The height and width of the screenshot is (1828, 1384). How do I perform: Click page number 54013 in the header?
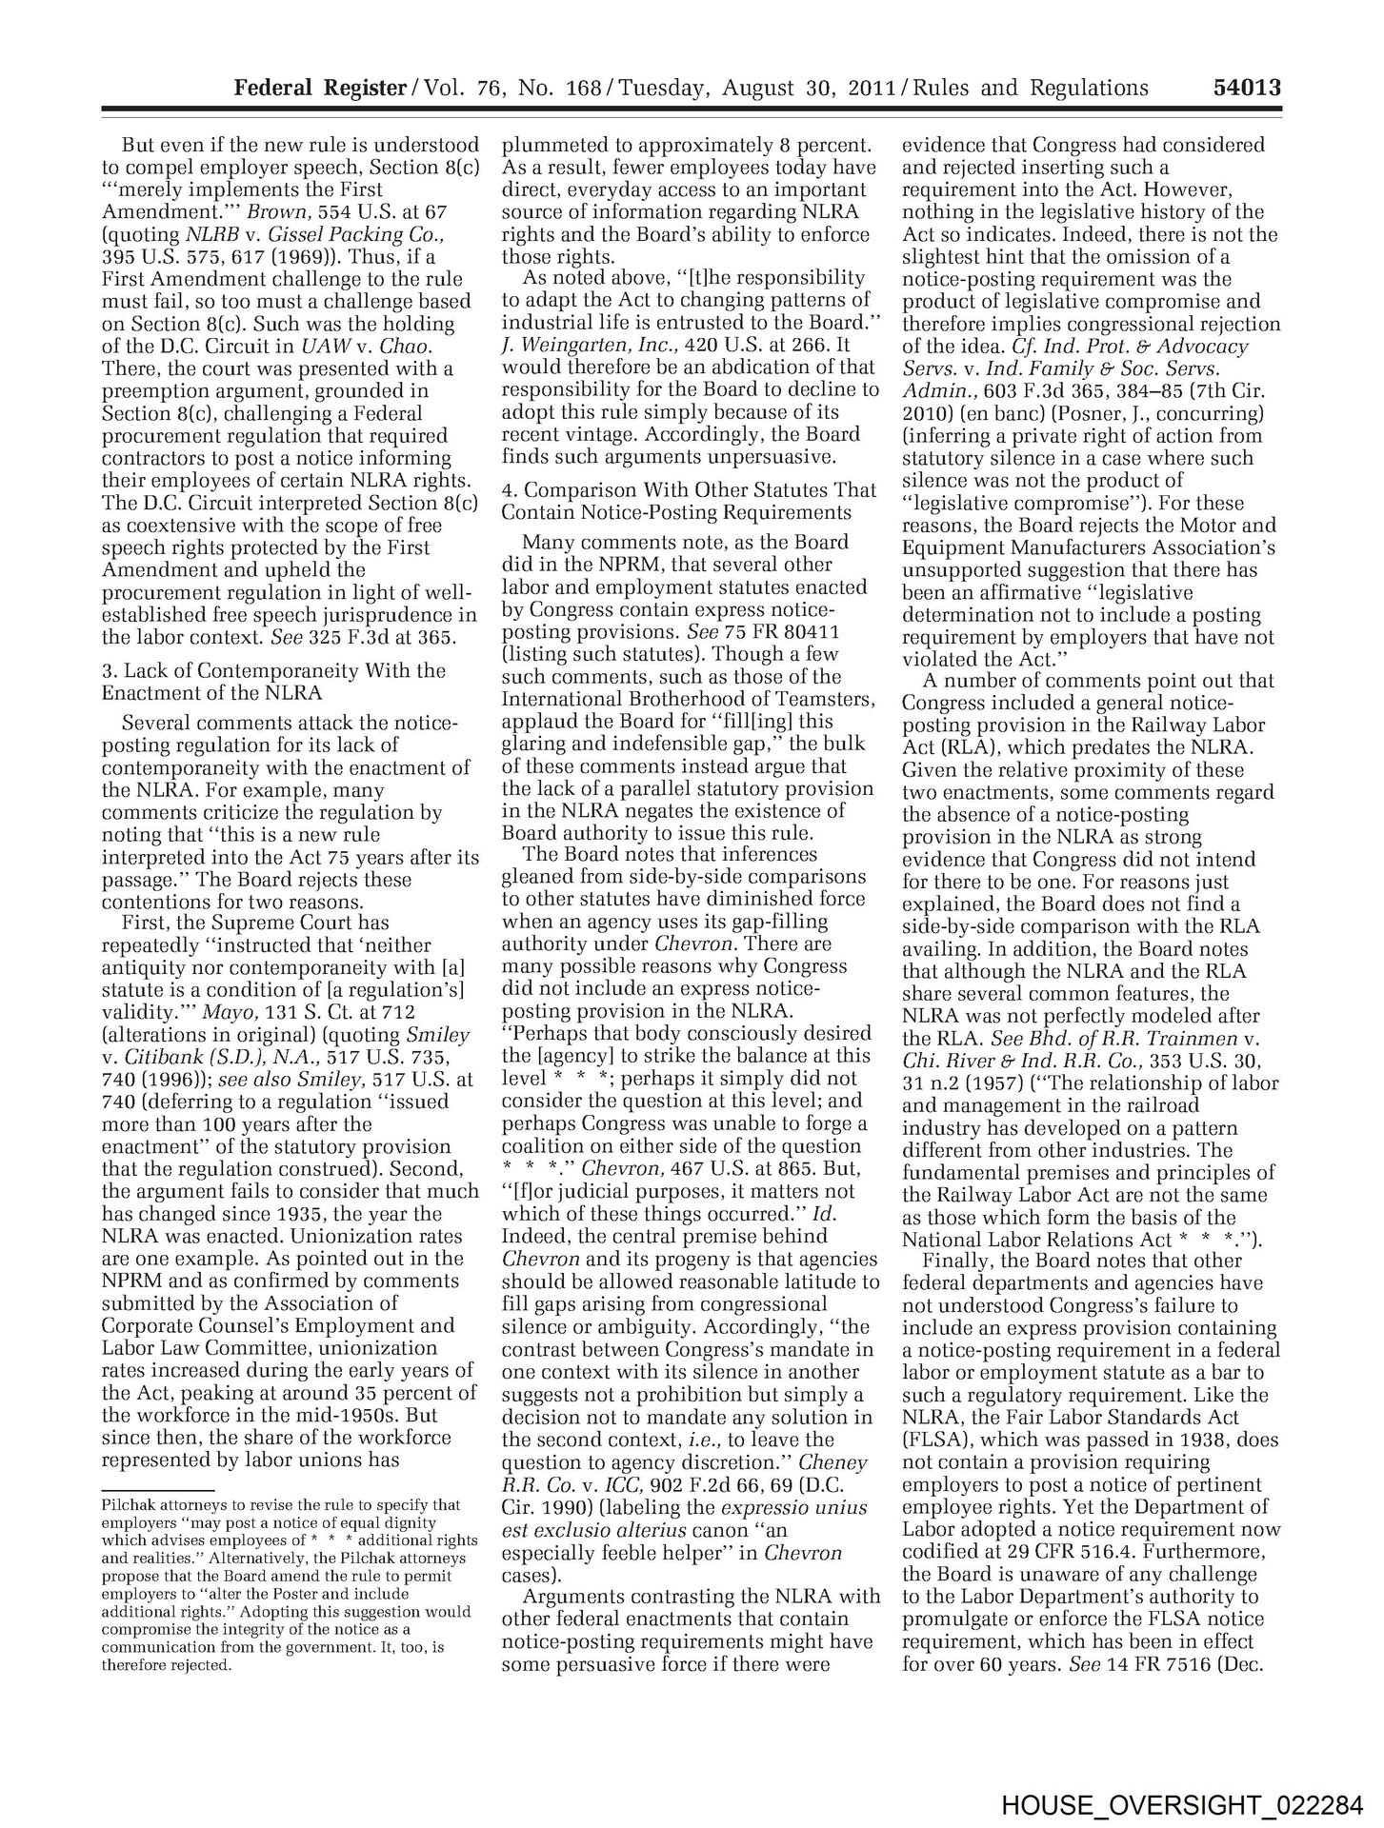tap(1247, 88)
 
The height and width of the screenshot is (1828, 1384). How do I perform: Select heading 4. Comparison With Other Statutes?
tap(689, 501)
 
